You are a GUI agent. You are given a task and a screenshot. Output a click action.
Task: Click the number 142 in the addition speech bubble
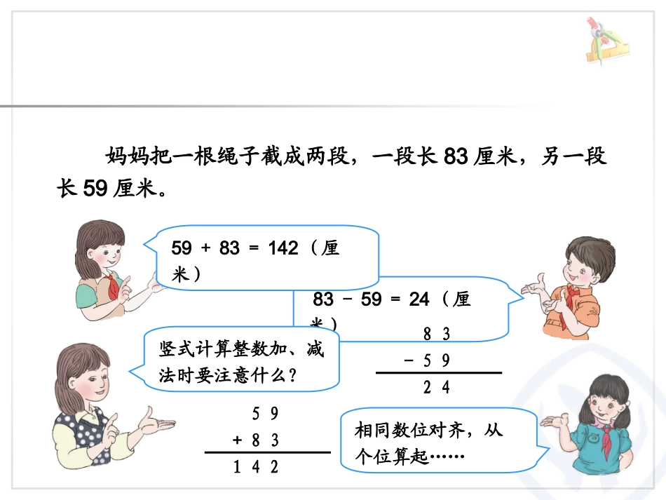tap(283, 248)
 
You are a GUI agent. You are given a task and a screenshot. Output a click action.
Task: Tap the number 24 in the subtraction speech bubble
tap(419, 300)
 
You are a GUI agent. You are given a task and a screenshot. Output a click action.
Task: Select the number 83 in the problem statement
tap(456, 157)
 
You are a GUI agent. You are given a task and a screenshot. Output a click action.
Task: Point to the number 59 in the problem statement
tap(95, 189)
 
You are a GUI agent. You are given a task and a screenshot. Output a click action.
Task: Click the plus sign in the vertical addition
tap(238, 440)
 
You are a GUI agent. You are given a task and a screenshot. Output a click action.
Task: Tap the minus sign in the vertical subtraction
tap(409, 360)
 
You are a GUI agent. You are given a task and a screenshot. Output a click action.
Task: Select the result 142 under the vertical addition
tap(256, 466)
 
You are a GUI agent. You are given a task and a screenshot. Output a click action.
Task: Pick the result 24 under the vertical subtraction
tap(436, 387)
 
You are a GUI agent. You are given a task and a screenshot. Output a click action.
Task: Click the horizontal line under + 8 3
tap(267, 452)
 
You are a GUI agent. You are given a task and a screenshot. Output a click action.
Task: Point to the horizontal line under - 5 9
tap(439, 373)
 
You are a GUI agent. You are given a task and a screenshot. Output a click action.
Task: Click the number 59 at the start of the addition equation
tap(182, 248)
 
